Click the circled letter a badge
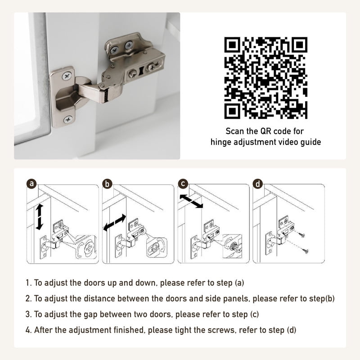[31, 184]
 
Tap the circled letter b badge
[107, 184]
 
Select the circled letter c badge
[183, 184]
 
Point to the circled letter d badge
[257, 184]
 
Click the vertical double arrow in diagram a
[39, 217]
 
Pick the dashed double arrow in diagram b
[115, 222]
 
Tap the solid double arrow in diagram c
[191, 201]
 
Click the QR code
[265, 77]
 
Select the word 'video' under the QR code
[285, 142]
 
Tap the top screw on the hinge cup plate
[67, 76]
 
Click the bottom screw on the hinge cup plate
[68, 119]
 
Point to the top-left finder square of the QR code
[233, 45]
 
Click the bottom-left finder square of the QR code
[233, 110]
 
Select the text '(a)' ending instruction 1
[239, 283]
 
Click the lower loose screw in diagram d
[305, 251]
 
